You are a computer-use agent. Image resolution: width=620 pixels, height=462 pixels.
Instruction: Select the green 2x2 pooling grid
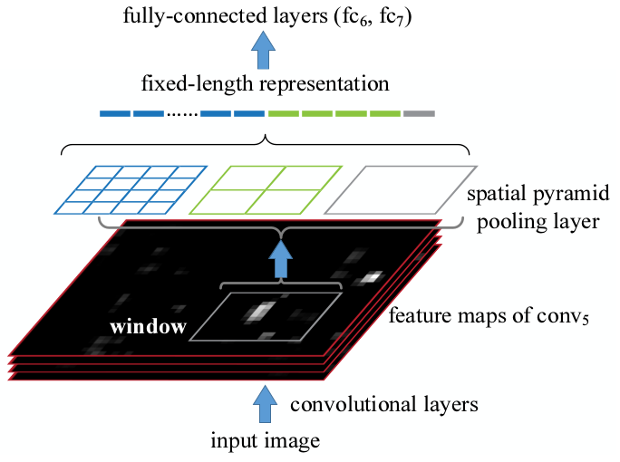coord(266,188)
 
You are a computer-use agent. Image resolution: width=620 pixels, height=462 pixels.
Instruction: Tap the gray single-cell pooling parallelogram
coord(400,188)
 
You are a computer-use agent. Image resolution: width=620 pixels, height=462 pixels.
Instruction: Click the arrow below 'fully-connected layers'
coord(265,53)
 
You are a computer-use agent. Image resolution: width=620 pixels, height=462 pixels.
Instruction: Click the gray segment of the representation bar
coord(419,114)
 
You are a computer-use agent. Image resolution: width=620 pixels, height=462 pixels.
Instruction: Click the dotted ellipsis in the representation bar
coord(181,114)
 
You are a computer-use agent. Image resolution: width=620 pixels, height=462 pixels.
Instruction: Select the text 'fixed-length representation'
coord(265,85)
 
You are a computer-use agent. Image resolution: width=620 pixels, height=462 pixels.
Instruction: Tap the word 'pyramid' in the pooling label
coord(547,196)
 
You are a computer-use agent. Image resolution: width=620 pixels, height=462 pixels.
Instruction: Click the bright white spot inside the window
coord(258,312)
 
